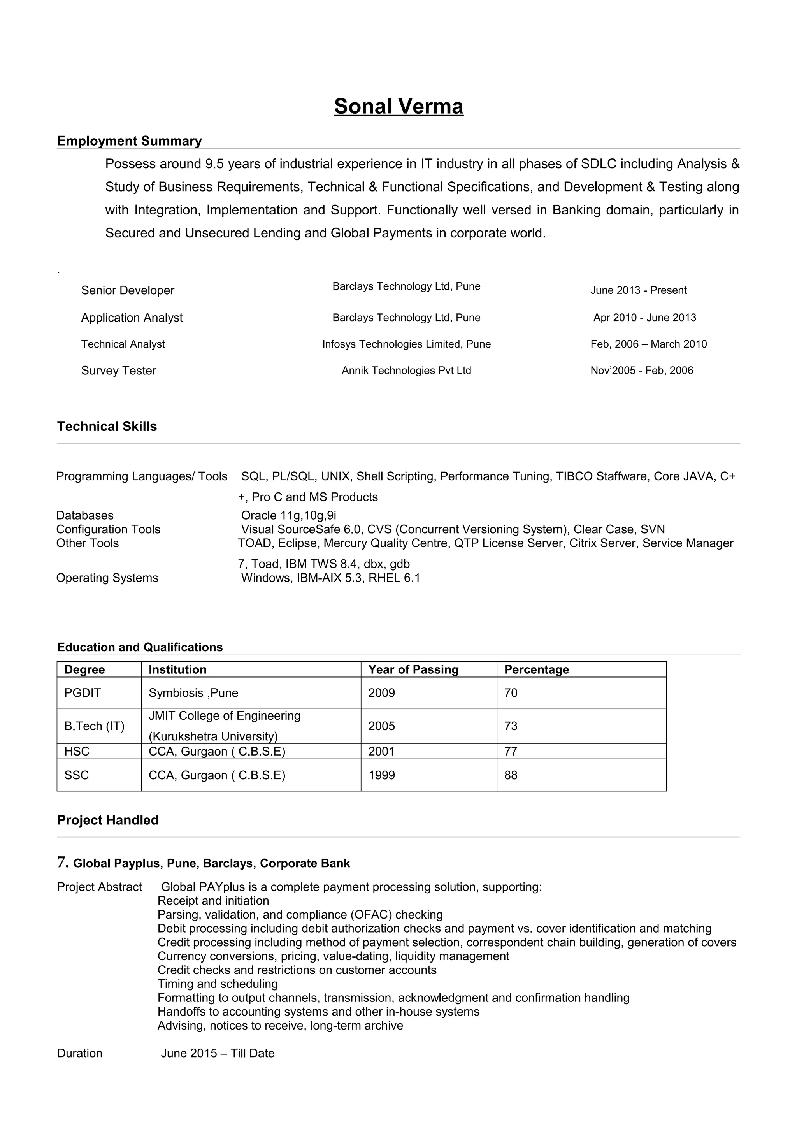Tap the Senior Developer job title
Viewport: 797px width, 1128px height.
tap(128, 290)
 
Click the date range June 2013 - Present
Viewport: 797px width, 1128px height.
tap(638, 290)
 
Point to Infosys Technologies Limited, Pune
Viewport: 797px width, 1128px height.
tap(406, 344)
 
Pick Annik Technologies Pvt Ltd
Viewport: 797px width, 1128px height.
tap(406, 371)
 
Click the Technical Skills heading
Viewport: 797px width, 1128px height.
tap(107, 427)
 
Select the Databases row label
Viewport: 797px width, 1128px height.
tap(84, 515)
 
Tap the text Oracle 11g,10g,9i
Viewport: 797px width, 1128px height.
tap(288, 515)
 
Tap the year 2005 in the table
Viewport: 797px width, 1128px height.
tap(381, 726)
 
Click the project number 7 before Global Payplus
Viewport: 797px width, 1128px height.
tap(62, 862)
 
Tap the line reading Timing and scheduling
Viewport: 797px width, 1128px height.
tap(218, 984)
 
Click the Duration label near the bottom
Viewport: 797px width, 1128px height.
tap(79, 1053)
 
